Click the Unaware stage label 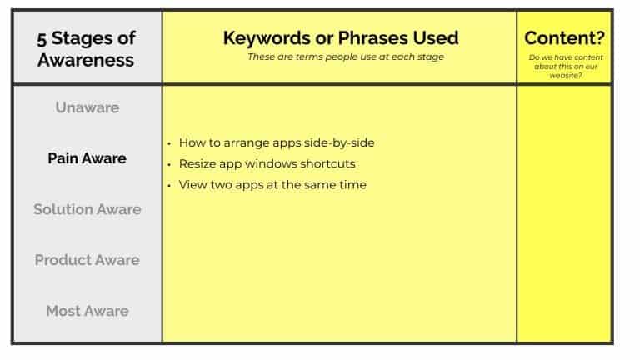87,107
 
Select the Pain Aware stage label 87,158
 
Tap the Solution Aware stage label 87,209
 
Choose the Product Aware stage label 87,260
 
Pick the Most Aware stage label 87,311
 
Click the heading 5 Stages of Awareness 87,48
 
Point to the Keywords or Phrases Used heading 340,38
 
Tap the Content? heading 564,38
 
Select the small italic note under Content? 564,67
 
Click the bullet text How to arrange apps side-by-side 276,142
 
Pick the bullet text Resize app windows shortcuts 267,163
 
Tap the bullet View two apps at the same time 272,184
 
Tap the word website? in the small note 564,76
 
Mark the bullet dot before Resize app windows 169,164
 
